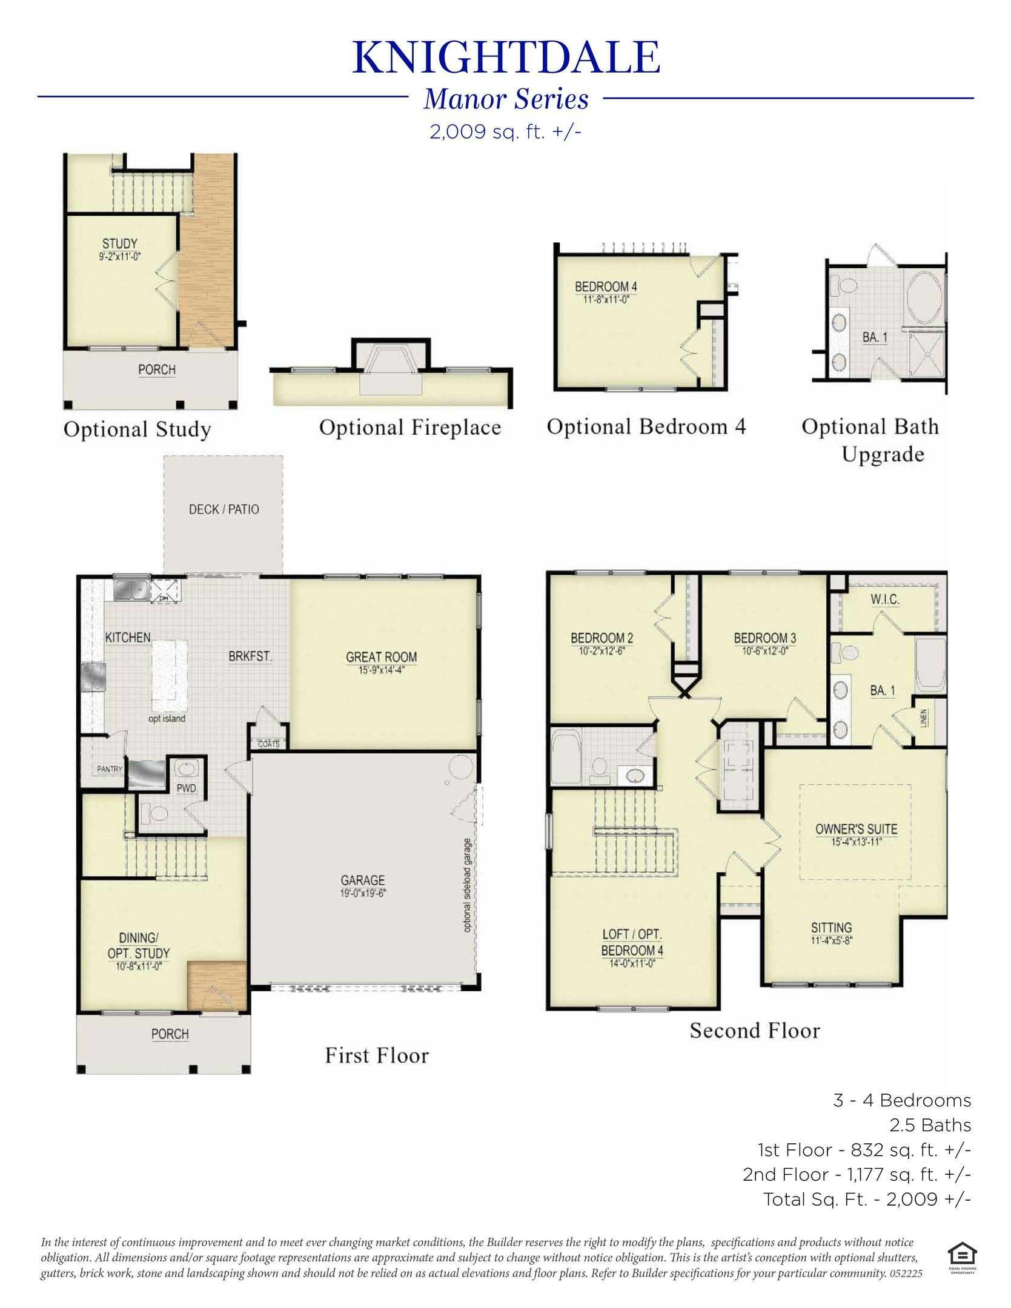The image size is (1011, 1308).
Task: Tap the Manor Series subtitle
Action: point(506,99)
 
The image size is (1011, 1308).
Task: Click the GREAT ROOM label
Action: point(381,657)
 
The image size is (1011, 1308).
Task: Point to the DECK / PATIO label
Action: point(224,509)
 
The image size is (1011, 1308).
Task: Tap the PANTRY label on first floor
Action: point(110,769)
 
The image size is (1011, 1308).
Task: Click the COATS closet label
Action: point(268,744)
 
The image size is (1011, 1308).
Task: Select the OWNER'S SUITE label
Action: point(856,829)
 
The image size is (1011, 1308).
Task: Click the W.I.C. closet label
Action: point(884,599)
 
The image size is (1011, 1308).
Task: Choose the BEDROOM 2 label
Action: point(602,638)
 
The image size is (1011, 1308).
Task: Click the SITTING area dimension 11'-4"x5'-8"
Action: point(831,941)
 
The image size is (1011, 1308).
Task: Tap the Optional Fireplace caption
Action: point(410,428)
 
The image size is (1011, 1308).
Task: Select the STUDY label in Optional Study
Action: point(119,243)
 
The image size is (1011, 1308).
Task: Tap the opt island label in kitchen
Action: point(167,719)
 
